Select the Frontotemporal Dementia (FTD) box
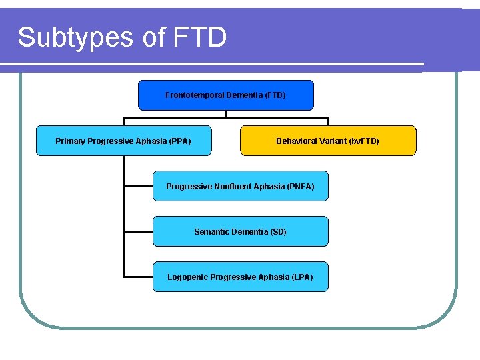pyautogui.click(x=225, y=95)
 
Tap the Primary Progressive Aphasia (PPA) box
pyautogui.click(x=123, y=141)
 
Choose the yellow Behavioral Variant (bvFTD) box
pyautogui.click(x=327, y=141)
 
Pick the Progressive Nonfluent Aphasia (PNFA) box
pyautogui.click(x=240, y=186)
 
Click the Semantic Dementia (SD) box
pyautogui.click(x=240, y=231)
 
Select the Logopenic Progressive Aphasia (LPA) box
pyautogui.click(x=240, y=277)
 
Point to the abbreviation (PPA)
pyautogui.click(x=180, y=141)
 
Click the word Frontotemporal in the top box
pyautogui.click(x=195, y=95)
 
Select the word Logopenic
pyautogui.click(x=187, y=277)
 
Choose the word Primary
pyautogui.click(x=70, y=141)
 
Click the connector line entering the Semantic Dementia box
pyautogui.click(x=139, y=231)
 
